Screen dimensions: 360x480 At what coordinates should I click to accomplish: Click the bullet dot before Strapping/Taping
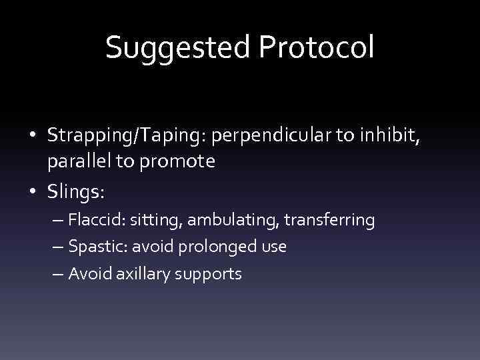coord(33,136)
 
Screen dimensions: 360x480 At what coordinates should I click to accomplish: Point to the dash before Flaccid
coord(58,220)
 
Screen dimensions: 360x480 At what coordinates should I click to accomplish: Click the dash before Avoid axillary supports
coord(58,273)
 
